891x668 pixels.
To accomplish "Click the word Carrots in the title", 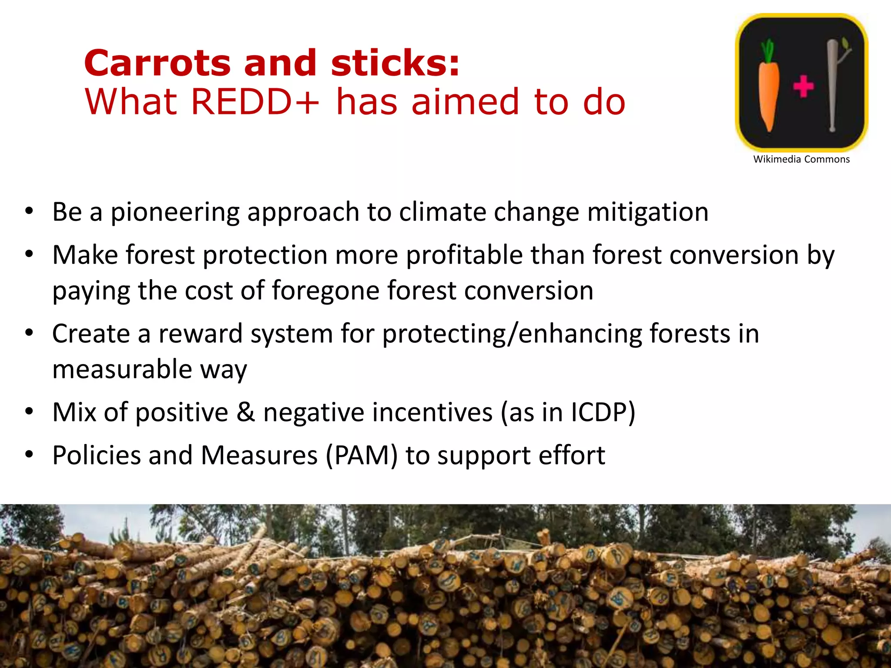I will pos(157,63).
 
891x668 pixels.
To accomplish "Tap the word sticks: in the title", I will pos(395,63).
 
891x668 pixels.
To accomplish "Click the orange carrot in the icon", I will pos(769,94).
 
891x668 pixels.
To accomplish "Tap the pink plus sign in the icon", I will pos(803,86).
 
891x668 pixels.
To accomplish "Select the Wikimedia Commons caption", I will pos(801,159).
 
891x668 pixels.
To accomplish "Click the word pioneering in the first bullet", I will pos(175,213).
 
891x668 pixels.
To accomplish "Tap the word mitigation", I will pos(648,213).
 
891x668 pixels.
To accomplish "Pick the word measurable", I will pos(122,369).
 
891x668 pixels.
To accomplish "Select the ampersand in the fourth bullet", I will pos(246,412).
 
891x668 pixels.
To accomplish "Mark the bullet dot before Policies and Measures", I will pos(29,454).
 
